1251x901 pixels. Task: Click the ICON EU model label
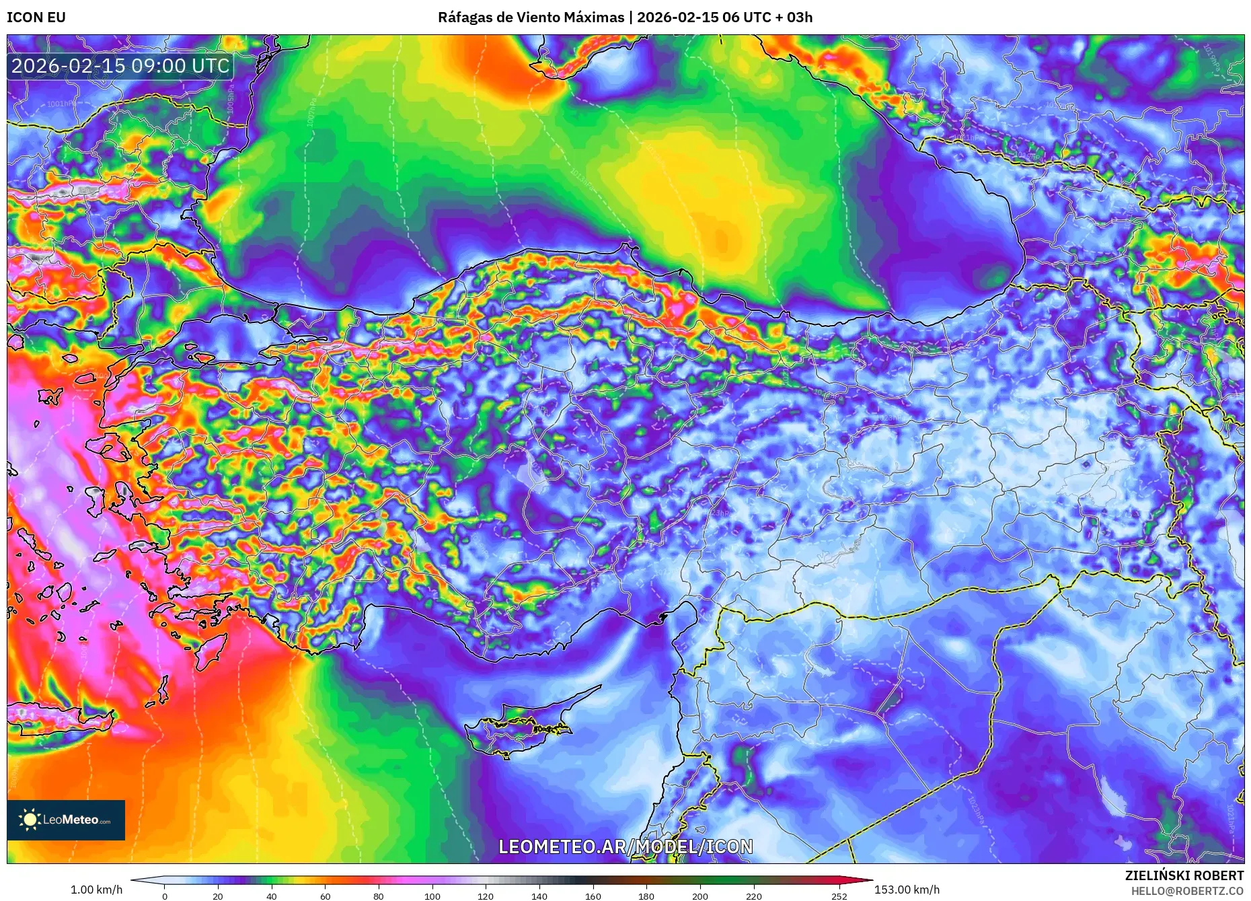[x=36, y=17]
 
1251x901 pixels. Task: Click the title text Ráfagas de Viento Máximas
[x=531, y=17]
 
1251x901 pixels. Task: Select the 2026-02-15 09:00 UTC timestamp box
[x=120, y=66]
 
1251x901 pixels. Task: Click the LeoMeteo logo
[x=66, y=820]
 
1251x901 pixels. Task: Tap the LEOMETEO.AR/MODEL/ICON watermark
[x=625, y=846]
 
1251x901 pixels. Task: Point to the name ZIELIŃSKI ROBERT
[x=1184, y=875]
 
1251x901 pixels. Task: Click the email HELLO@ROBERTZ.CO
[x=1187, y=891]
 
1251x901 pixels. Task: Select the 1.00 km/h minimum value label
[x=96, y=890]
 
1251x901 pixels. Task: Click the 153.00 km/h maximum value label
[x=907, y=890]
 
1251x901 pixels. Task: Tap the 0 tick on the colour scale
[x=164, y=896]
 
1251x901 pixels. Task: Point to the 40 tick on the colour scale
[x=271, y=896]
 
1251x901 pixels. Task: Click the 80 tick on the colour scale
[x=379, y=896]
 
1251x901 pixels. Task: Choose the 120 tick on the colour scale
[x=486, y=896]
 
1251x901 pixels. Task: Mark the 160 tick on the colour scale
[x=593, y=896]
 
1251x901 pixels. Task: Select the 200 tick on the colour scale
[x=700, y=896]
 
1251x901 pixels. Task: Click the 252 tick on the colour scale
[x=839, y=896]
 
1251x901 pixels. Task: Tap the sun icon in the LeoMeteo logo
[x=30, y=820]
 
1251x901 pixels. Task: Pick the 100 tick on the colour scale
[x=432, y=896]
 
